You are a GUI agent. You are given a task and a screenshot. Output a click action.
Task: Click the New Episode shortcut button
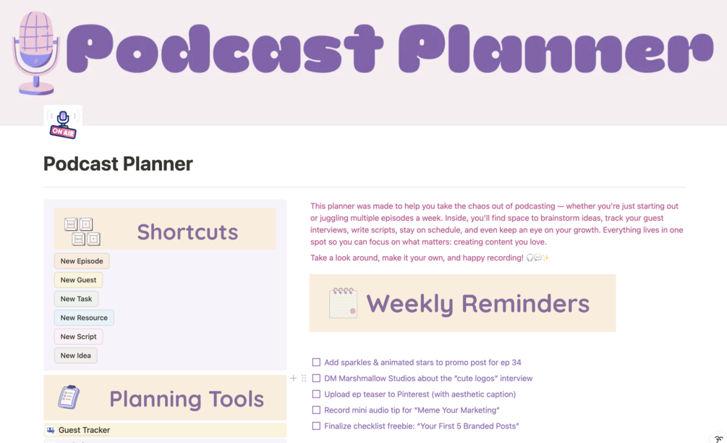pos(82,261)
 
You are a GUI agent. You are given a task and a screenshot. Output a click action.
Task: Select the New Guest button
pos(78,280)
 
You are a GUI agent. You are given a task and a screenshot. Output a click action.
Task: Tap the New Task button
pos(76,299)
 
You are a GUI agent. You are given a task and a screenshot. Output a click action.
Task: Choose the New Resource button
pos(84,318)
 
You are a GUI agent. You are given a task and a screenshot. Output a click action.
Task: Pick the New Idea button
pos(75,356)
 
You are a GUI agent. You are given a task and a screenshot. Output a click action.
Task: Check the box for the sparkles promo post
pos(316,362)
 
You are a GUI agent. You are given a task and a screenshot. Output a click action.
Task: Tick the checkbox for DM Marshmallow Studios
pos(316,378)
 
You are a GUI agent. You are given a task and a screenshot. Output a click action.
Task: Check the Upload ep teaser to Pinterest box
pos(316,395)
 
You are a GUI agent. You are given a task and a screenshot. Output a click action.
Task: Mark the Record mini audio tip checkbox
pos(316,410)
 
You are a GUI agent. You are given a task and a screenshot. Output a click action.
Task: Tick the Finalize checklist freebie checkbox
pos(316,426)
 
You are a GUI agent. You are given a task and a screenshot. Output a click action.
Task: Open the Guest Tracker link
pos(84,430)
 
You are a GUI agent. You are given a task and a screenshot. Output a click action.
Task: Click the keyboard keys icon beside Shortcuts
pos(82,231)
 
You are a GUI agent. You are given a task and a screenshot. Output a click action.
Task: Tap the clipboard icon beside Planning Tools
pos(69,397)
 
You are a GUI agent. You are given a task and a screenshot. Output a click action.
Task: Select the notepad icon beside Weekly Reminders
pos(343,303)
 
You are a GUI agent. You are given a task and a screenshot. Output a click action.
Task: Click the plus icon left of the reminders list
pos(293,378)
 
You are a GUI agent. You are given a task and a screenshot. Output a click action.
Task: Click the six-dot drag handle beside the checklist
pos(304,378)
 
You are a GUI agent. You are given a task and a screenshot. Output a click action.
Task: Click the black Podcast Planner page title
pos(118,164)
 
